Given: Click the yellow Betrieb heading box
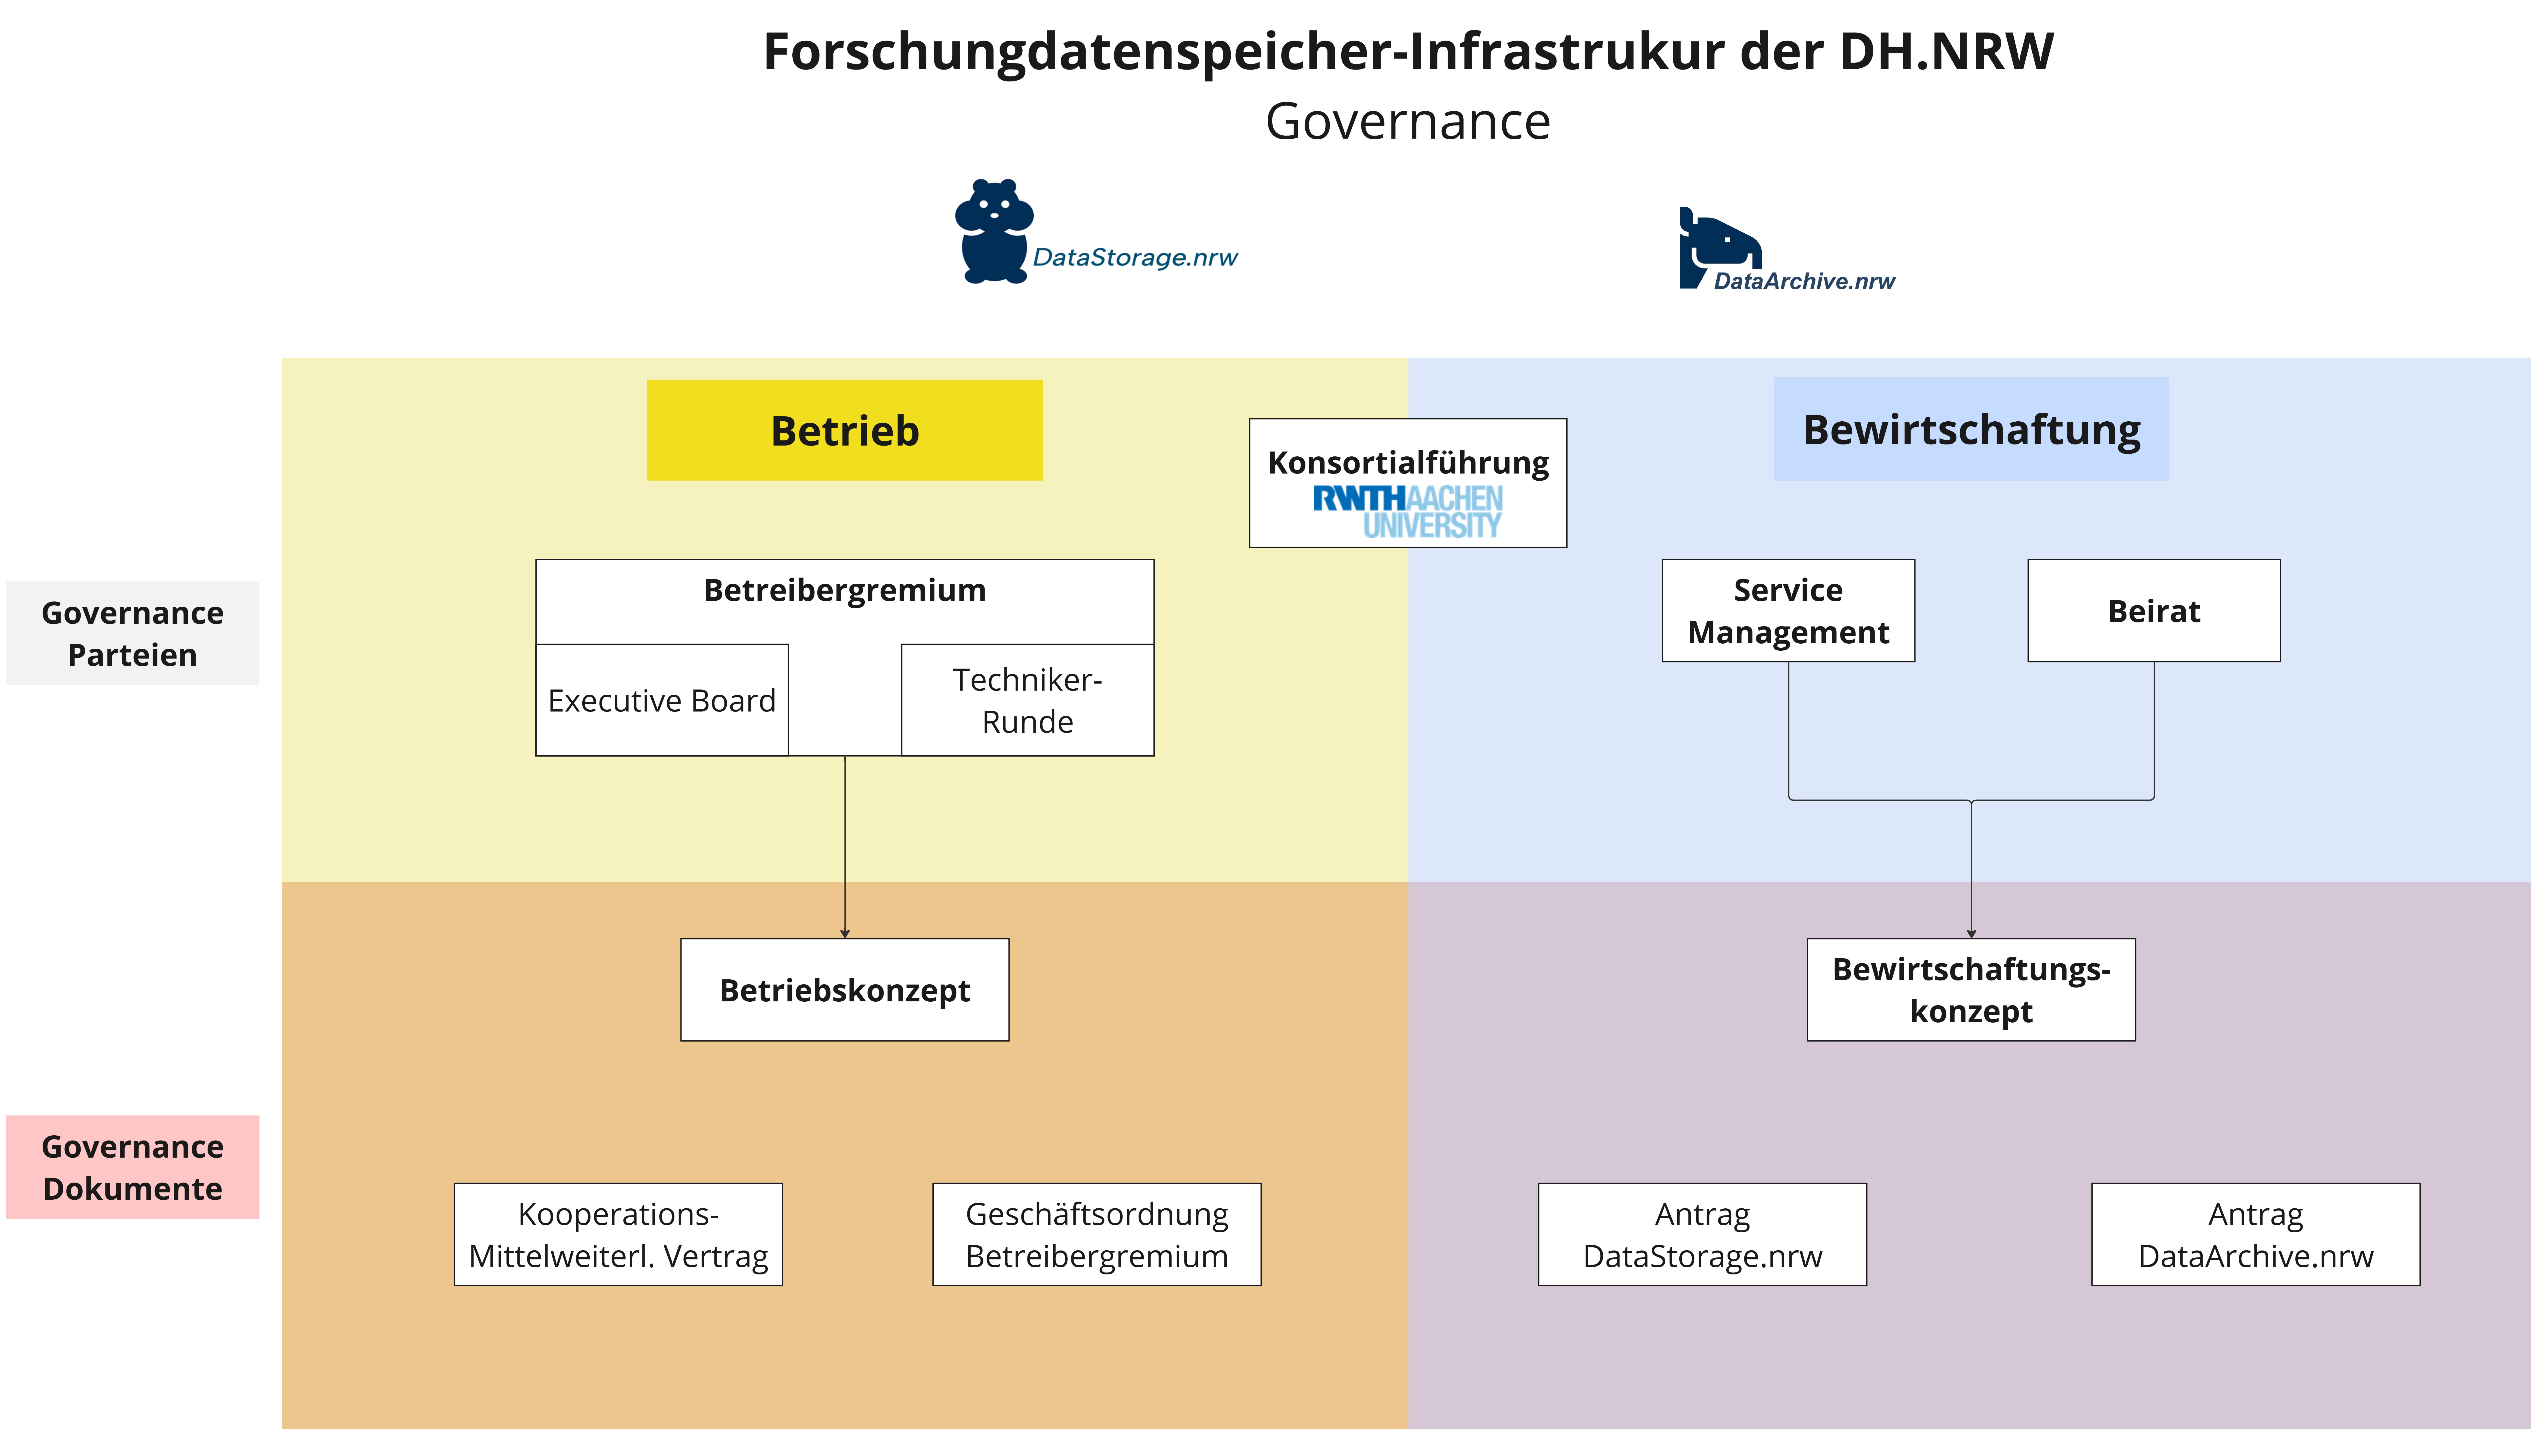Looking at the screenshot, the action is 844,430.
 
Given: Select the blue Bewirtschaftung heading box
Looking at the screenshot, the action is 1971,429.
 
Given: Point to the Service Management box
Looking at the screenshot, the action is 1788,611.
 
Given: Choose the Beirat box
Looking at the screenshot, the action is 2154,611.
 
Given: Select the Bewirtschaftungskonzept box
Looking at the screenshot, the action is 1971,990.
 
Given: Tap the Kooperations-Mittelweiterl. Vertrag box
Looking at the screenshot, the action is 618,1234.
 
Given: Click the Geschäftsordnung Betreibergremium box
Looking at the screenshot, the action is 1096,1234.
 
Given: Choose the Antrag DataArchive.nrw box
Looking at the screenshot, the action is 2256,1234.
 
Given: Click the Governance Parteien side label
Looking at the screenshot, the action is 133,634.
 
